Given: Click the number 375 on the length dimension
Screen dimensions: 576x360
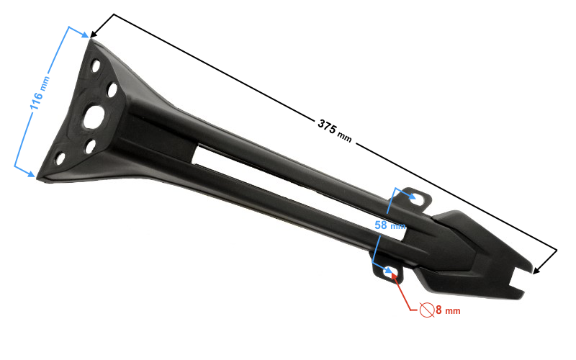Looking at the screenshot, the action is (327, 126).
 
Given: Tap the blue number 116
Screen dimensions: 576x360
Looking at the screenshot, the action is (37, 101).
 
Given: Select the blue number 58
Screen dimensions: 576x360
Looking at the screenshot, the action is (381, 225).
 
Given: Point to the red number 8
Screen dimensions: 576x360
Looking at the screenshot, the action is (438, 310).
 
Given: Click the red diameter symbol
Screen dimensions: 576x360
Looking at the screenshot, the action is (427, 310).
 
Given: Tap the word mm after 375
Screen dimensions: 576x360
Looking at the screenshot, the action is (345, 137).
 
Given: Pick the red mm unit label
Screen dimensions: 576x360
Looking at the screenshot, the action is (453, 311).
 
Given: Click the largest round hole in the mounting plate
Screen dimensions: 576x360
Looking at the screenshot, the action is (94, 117).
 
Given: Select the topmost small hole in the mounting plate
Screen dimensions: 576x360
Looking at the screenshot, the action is (96, 66).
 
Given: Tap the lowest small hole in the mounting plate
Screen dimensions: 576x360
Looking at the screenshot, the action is (60, 158).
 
